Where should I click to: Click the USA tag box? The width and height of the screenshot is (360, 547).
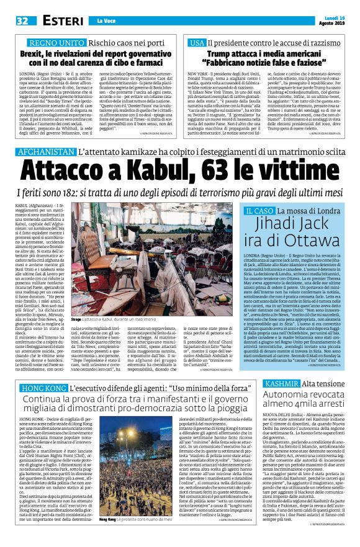click(x=197, y=43)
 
